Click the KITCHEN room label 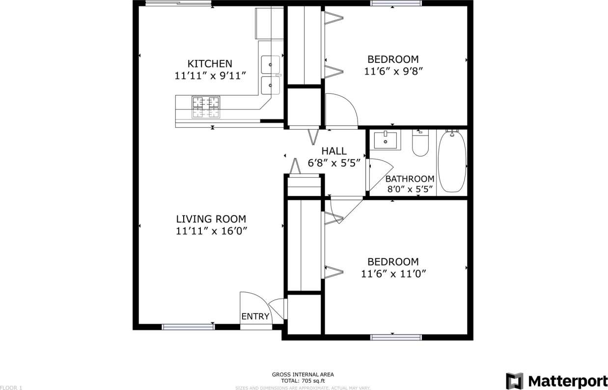click(x=210, y=64)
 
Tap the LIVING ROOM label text click(x=211, y=219)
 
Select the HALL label click(x=334, y=151)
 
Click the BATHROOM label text click(x=410, y=179)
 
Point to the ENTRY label click(x=255, y=316)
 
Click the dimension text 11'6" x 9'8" click(x=393, y=71)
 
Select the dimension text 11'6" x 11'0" click(x=393, y=274)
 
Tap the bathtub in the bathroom click(x=451, y=162)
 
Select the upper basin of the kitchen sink click(x=270, y=64)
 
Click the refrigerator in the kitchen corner click(x=269, y=23)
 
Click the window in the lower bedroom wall click(x=396, y=337)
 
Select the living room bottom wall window click(x=189, y=326)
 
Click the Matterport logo click(x=556, y=381)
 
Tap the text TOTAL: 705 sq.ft click(x=303, y=380)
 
